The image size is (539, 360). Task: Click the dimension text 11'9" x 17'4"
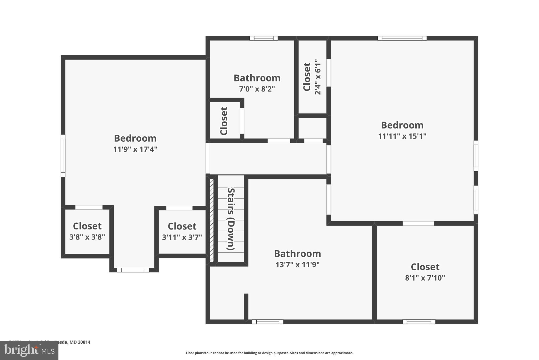[x=135, y=150]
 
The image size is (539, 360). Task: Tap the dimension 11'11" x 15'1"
[x=402, y=136]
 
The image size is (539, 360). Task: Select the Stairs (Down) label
[x=231, y=219]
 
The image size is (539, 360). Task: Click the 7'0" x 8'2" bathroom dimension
[x=257, y=89]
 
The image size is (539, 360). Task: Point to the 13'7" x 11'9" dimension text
[x=297, y=265]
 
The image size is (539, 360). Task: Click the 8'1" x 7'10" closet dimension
[x=425, y=278]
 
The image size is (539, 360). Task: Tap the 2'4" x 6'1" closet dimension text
[x=318, y=77]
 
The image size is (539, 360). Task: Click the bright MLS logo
[x=29, y=350]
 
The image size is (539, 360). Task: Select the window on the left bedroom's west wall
[x=63, y=156]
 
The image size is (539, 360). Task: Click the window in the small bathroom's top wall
[x=263, y=38]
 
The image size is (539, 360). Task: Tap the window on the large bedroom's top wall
[x=402, y=38]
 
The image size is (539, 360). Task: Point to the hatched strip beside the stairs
[x=212, y=220]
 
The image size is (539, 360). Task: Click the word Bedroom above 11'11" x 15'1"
[x=402, y=125]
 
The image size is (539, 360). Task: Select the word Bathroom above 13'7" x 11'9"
[x=297, y=253]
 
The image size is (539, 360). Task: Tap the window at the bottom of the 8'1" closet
[x=419, y=322]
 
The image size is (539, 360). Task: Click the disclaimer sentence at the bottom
[x=269, y=353]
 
